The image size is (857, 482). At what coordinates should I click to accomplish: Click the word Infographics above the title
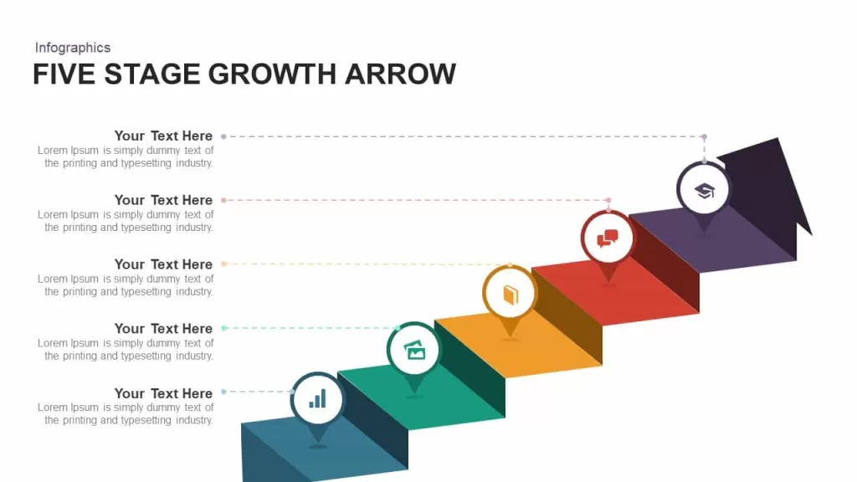pyautogui.click(x=73, y=48)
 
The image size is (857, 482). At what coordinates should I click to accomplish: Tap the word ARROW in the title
pyautogui.click(x=400, y=74)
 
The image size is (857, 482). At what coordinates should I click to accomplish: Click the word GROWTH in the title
pyautogui.click(x=272, y=74)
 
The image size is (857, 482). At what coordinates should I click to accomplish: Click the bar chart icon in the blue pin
pyautogui.click(x=317, y=399)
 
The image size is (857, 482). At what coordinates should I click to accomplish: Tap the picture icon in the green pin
pyautogui.click(x=414, y=350)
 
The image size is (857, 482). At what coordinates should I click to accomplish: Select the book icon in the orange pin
pyautogui.click(x=511, y=295)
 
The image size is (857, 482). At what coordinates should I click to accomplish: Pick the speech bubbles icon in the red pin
pyautogui.click(x=608, y=238)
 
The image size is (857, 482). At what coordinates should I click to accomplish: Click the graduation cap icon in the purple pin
pyautogui.click(x=705, y=191)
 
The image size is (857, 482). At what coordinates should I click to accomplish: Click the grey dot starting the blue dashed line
pyautogui.click(x=223, y=392)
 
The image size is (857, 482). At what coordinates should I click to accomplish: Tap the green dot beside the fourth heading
pyautogui.click(x=224, y=328)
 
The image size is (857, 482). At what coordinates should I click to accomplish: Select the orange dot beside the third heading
pyautogui.click(x=223, y=264)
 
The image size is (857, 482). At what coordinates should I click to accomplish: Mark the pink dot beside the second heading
pyautogui.click(x=223, y=201)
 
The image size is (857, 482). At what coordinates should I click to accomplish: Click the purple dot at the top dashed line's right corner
pyautogui.click(x=705, y=136)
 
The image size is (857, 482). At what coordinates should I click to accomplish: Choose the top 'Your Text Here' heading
pyautogui.click(x=163, y=136)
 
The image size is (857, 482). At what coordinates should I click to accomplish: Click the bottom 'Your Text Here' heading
pyautogui.click(x=163, y=393)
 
